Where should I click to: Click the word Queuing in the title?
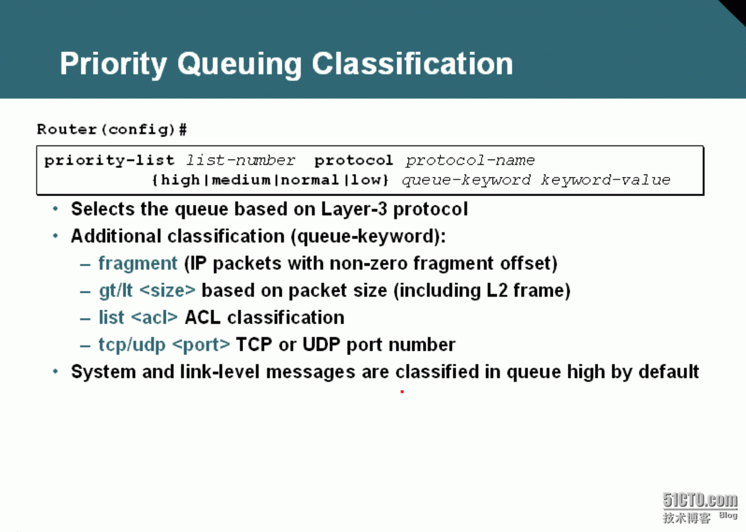point(240,65)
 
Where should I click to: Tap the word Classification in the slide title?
point(412,63)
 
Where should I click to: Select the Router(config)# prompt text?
point(112,130)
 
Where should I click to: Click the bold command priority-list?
point(109,161)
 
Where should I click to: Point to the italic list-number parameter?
point(240,160)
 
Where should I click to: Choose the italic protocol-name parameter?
point(470,161)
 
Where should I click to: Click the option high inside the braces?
point(180,180)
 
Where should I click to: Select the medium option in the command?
point(241,180)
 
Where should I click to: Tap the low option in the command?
point(366,180)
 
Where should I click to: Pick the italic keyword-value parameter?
point(605,181)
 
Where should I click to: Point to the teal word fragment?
point(138,264)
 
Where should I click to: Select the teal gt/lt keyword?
point(115,290)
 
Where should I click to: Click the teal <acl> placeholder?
point(155,317)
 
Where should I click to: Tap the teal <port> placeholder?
point(202,345)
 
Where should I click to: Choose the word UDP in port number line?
point(321,344)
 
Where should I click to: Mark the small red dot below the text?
point(403,392)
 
